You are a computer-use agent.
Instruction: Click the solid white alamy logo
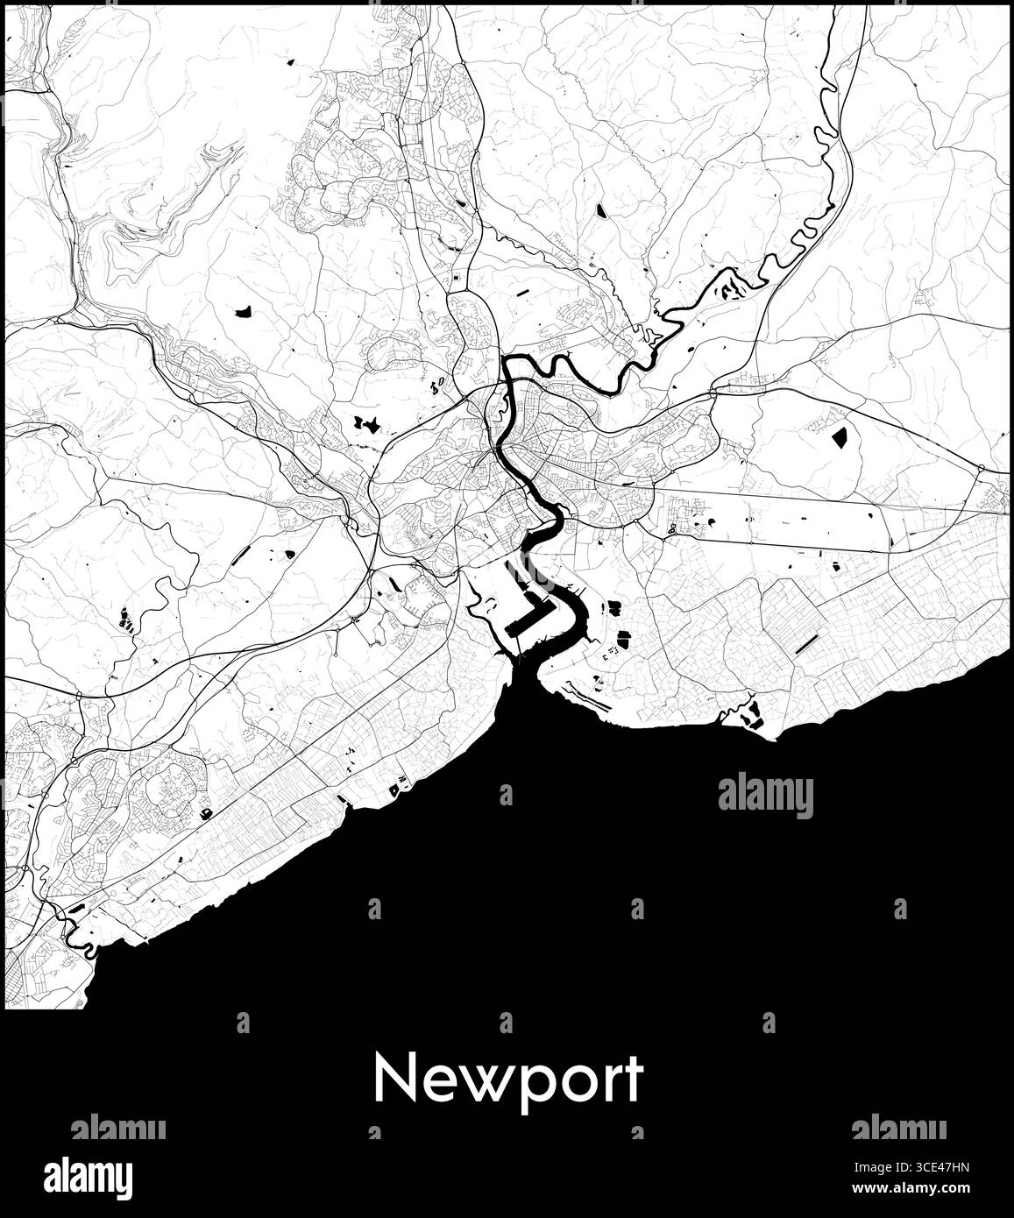pos(89,1174)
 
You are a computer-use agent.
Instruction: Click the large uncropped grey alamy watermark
pos(765,797)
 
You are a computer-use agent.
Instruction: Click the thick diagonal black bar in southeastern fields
pos(805,644)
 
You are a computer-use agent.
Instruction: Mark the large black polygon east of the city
pos(840,436)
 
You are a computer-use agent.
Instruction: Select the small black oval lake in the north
pos(600,210)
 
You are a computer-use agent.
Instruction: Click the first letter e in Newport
pos(428,1083)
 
